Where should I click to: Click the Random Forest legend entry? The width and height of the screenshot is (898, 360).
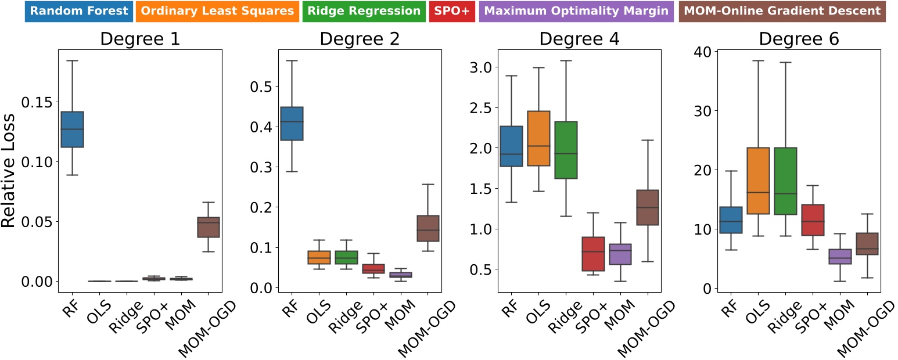coord(79,11)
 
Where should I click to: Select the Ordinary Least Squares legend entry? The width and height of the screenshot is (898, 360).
coord(217,11)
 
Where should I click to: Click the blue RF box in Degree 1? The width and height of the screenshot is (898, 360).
coord(73,129)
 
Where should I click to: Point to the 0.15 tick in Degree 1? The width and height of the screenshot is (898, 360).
coord(39,102)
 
